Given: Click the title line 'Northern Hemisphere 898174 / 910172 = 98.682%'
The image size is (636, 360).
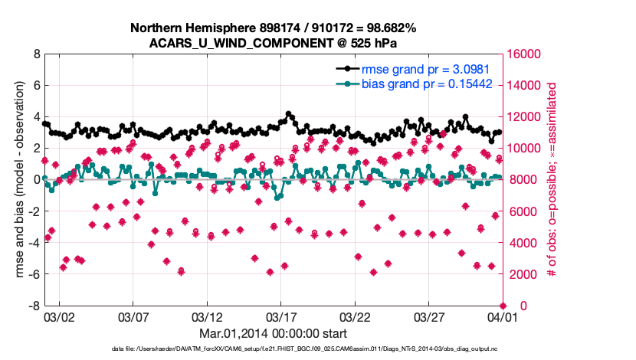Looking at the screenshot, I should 273,28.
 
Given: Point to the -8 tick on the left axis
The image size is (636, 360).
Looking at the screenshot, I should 34,306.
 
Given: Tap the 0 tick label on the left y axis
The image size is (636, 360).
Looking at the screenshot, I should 36,181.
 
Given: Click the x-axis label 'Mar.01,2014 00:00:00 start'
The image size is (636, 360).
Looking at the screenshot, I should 273,334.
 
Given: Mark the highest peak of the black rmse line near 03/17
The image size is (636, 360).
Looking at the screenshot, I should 288,113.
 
